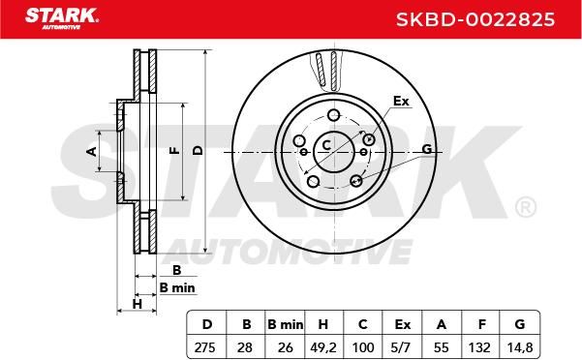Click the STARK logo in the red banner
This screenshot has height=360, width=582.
(62, 18)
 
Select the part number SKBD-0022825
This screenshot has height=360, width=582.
(475, 19)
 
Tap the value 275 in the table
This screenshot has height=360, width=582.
(205, 347)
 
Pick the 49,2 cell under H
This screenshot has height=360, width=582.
(322, 347)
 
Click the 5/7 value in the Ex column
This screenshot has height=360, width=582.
(401, 347)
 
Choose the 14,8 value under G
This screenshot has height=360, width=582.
(520, 347)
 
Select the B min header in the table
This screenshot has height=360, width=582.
(285, 324)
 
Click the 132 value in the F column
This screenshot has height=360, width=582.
(479, 347)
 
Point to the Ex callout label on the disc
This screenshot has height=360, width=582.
(401, 101)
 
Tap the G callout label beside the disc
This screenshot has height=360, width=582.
(427, 149)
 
